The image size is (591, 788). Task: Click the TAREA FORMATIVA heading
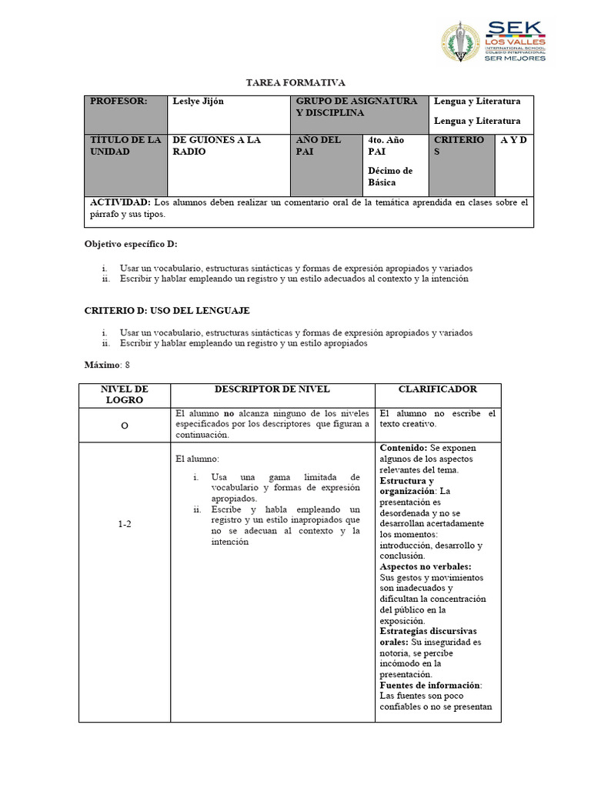tap(295, 82)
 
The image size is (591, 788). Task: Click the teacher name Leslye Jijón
tap(199, 102)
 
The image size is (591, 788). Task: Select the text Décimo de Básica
tap(390, 176)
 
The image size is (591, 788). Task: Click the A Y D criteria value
tap(513, 140)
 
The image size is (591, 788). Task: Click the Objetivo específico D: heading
tap(130, 244)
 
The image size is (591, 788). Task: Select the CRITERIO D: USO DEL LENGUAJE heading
tap(166, 310)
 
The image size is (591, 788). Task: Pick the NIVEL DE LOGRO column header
tap(124, 395)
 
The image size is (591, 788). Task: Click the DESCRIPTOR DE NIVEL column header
tap(272, 390)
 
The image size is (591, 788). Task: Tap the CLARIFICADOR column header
tap(437, 390)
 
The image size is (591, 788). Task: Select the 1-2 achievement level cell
tap(125, 524)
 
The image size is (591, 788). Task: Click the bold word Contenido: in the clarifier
tap(404, 447)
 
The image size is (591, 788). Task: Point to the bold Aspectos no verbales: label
tap(422, 566)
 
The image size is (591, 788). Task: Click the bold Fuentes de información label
tap(429, 685)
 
